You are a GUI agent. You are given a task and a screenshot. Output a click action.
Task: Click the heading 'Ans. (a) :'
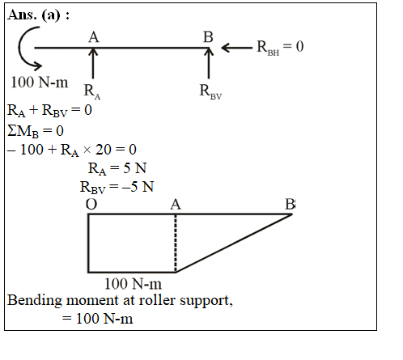pyautogui.click(x=38, y=15)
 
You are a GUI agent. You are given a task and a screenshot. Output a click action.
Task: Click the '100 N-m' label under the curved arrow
pyautogui.click(x=40, y=82)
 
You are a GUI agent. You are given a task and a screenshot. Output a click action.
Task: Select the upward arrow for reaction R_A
pyautogui.click(x=93, y=64)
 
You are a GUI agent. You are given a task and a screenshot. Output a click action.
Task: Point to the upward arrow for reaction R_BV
pyautogui.click(x=209, y=64)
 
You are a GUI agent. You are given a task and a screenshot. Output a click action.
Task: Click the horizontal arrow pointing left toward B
pyautogui.click(x=236, y=48)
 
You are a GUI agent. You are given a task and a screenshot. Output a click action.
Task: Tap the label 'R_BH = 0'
pyautogui.click(x=280, y=47)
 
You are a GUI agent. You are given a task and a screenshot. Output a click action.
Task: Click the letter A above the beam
pyautogui.click(x=94, y=37)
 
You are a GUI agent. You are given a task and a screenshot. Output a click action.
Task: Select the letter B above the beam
pyautogui.click(x=208, y=37)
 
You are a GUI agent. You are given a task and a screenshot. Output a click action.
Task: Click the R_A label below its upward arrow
pyautogui.click(x=92, y=91)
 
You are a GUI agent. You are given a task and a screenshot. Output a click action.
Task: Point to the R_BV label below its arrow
pyautogui.click(x=210, y=91)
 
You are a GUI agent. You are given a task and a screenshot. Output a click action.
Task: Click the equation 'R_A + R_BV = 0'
pyautogui.click(x=49, y=111)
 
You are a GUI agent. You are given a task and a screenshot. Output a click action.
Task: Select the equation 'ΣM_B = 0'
pyautogui.click(x=36, y=131)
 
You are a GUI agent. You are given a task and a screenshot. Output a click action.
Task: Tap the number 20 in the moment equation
pyautogui.click(x=104, y=150)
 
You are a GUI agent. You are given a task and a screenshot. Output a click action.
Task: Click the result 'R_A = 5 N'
pyautogui.click(x=117, y=168)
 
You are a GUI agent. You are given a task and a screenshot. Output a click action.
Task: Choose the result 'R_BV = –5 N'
pyautogui.click(x=117, y=187)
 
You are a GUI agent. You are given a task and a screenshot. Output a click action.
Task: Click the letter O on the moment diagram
pyautogui.click(x=91, y=205)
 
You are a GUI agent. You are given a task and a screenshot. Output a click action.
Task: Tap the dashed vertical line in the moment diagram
pyautogui.click(x=176, y=244)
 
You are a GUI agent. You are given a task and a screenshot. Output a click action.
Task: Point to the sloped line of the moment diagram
pyautogui.click(x=234, y=244)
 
